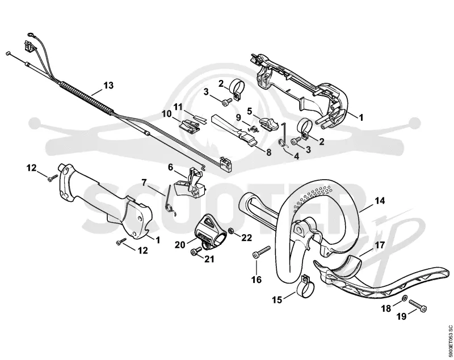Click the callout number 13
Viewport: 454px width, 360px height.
tap(108, 86)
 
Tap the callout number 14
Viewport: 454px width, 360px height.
tap(380, 200)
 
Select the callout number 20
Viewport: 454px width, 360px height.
tap(180, 244)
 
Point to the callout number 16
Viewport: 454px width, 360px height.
tap(257, 279)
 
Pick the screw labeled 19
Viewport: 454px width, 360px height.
tap(418, 306)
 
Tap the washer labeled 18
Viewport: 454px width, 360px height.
tap(405, 298)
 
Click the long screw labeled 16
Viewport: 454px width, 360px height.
tap(262, 251)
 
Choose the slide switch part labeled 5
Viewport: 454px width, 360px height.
tap(268, 123)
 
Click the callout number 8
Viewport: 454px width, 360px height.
tap(268, 152)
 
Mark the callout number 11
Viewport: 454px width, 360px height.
tap(178, 107)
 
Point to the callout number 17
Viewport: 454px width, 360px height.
tap(380, 245)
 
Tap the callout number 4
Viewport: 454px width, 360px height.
tap(296, 156)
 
